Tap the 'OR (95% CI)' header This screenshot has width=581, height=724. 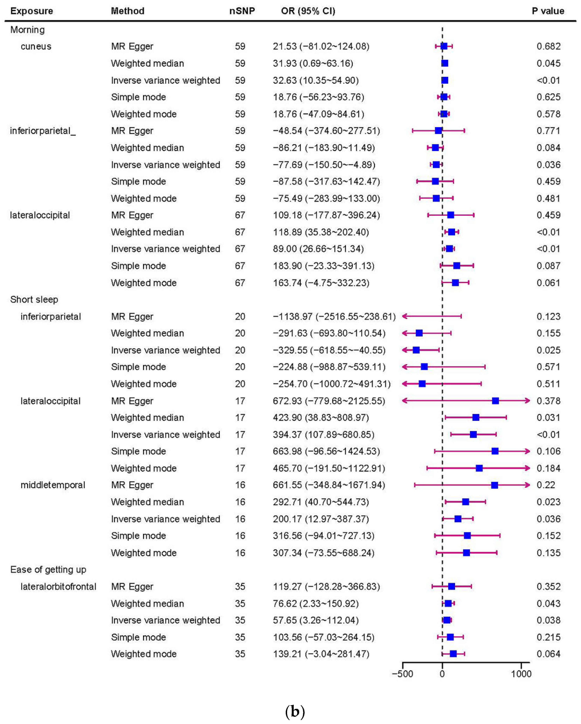[308, 11]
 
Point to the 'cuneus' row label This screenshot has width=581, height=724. [36, 46]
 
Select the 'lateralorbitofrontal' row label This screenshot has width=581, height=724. [58, 587]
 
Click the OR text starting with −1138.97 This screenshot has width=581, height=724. [334, 316]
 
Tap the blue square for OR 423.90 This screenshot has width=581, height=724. [476, 417]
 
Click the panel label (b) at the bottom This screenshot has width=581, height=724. [295, 711]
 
